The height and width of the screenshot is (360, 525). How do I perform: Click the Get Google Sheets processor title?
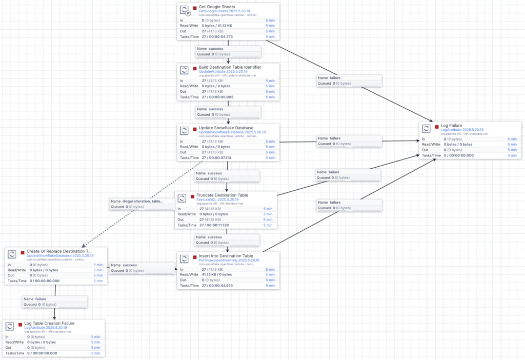tap(216, 7)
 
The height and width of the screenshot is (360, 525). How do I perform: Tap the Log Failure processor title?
tap(452, 126)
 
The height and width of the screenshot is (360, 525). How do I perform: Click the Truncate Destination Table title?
tap(222, 195)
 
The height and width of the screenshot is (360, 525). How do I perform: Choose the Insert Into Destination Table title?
tap(226, 256)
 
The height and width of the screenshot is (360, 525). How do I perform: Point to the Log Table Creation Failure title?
tap(49, 323)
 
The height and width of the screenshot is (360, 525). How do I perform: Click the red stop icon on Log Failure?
tap(437, 126)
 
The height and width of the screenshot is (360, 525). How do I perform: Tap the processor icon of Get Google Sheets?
tap(185, 10)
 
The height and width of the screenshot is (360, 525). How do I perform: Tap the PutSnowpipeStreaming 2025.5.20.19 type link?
tap(229, 260)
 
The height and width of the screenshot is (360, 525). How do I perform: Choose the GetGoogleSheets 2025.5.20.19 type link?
tap(225, 11)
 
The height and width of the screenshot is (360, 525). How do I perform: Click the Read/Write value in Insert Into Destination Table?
tap(216, 274)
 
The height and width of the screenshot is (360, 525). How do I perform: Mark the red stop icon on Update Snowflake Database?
tap(195, 128)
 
